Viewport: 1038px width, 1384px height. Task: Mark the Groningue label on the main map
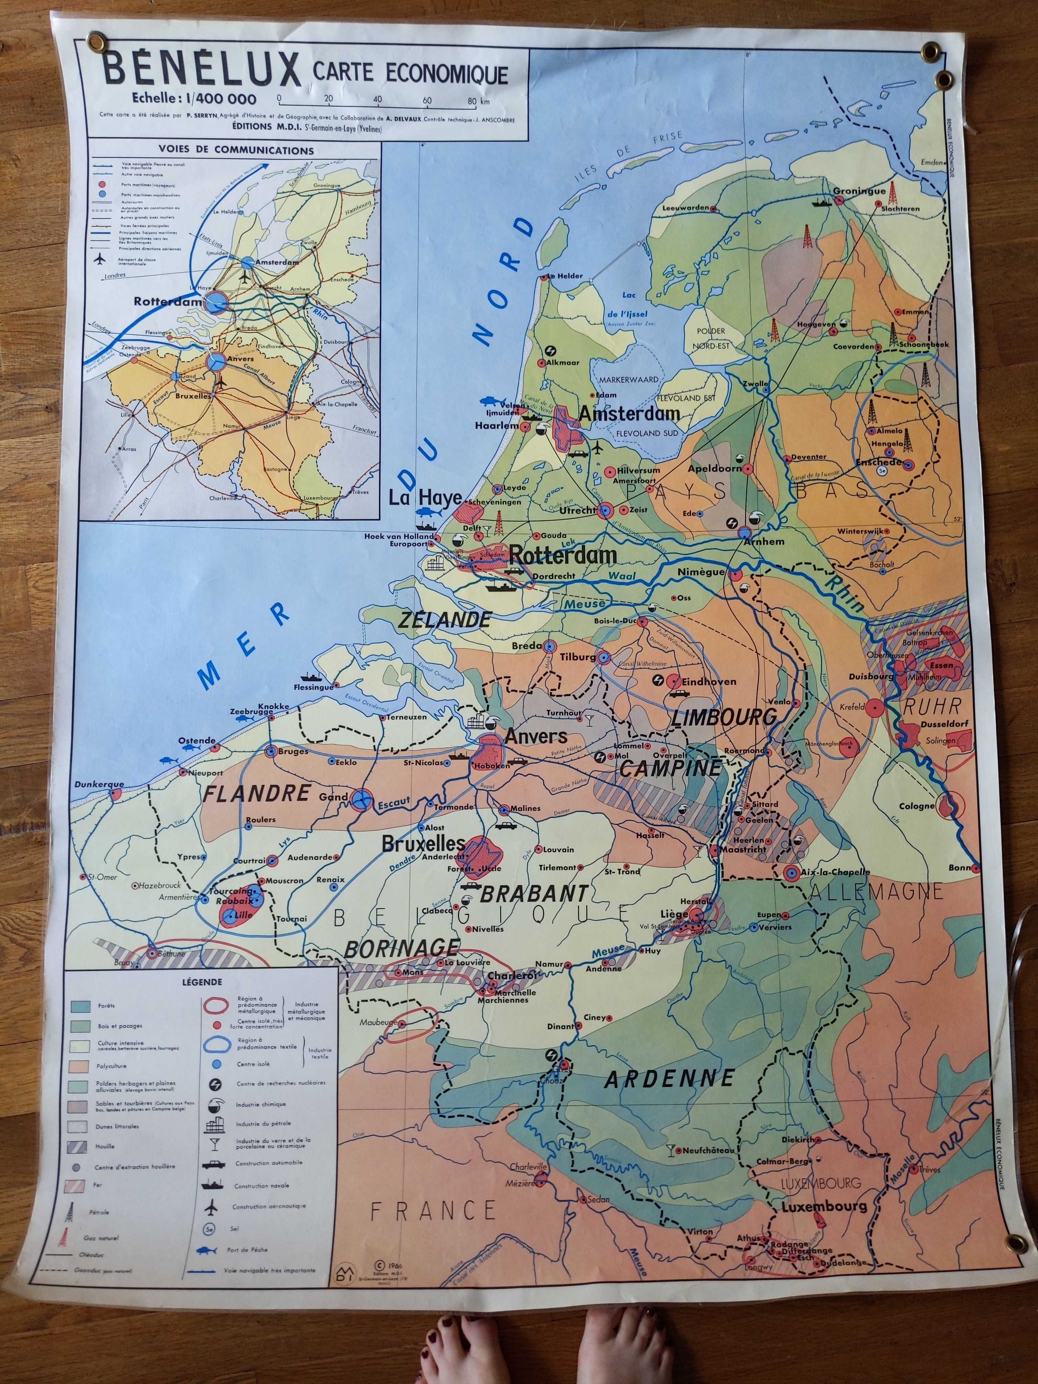pyautogui.click(x=859, y=191)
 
